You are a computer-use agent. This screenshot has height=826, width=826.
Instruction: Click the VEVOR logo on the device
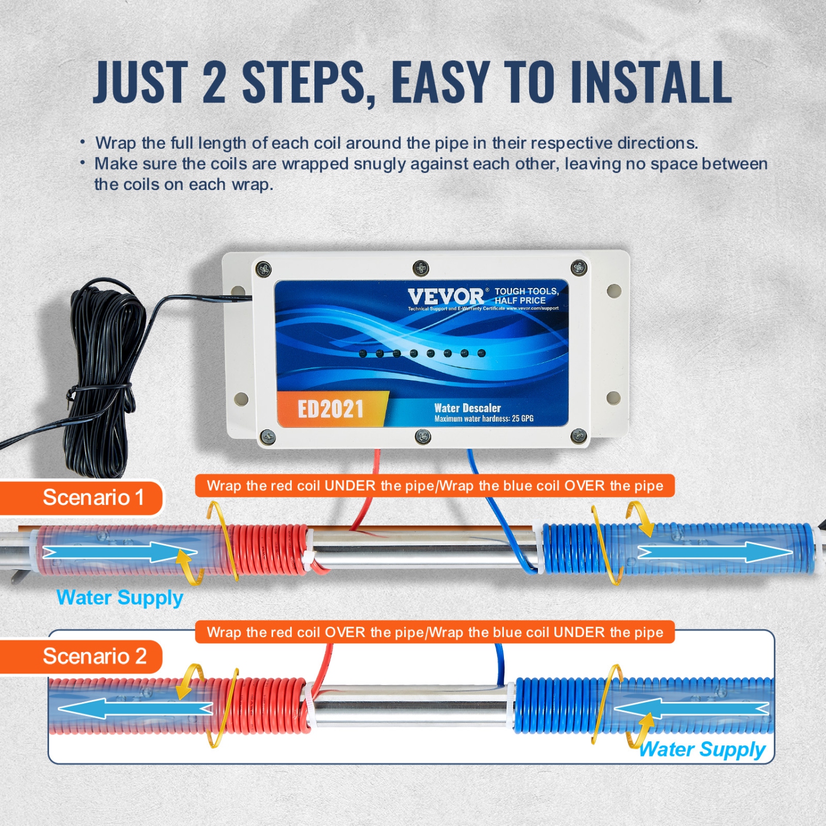click(445, 297)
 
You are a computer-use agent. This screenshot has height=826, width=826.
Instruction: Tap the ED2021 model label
click(330, 409)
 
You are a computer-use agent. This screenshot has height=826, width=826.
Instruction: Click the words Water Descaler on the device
click(468, 408)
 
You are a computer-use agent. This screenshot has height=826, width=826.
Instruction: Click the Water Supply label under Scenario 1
click(119, 597)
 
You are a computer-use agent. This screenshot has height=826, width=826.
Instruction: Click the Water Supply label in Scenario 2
click(702, 749)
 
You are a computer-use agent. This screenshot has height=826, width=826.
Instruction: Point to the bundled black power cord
click(102, 380)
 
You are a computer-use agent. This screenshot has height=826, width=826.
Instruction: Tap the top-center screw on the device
click(421, 268)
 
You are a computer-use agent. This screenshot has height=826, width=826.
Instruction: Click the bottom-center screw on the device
click(422, 437)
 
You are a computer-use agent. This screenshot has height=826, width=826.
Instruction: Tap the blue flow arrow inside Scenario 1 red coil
click(118, 552)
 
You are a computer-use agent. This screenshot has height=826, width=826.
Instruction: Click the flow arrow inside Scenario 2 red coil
click(135, 709)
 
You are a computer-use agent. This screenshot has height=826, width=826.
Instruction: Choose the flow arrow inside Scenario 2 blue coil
click(691, 709)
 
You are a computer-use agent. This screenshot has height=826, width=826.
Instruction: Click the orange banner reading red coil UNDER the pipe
click(434, 486)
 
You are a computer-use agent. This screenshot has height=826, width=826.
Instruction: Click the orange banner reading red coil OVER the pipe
click(434, 632)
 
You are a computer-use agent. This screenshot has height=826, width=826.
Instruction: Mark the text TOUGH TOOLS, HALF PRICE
click(526, 296)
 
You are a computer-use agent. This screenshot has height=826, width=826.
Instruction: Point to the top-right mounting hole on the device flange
click(614, 290)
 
